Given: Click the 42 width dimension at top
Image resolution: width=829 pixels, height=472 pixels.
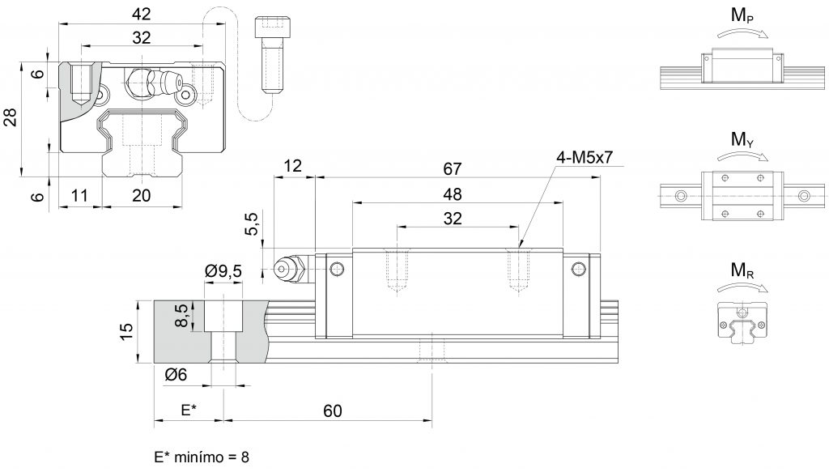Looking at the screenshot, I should tap(142, 13).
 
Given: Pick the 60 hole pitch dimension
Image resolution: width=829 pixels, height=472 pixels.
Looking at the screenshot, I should tap(332, 411).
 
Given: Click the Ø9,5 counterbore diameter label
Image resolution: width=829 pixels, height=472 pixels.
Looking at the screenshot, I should tap(223, 271).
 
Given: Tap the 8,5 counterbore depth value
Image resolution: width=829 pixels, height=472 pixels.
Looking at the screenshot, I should tap(184, 315).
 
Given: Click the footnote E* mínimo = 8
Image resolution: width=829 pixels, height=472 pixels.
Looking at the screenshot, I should tap(202, 457).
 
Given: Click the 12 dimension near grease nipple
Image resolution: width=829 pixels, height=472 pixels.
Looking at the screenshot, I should tap(292, 167).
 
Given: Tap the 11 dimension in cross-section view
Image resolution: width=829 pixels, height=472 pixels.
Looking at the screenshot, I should tap(79, 194).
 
